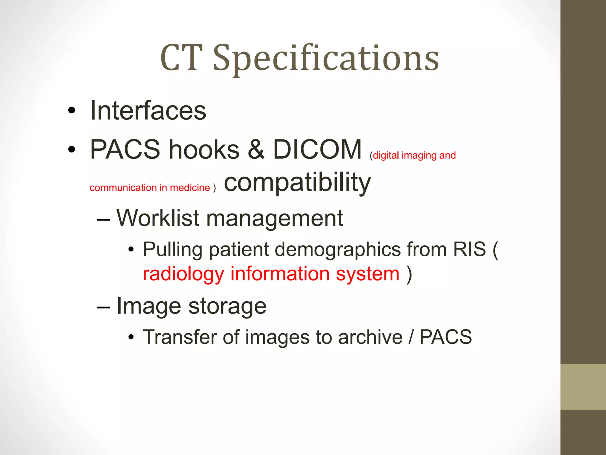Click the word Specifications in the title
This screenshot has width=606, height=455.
[x=326, y=59]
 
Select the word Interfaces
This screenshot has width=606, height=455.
[x=148, y=111]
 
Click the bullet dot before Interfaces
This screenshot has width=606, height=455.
[x=72, y=111]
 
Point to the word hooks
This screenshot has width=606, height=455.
[x=204, y=149]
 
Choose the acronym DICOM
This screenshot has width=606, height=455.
[x=317, y=149]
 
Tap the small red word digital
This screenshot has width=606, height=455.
[x=386, y=155]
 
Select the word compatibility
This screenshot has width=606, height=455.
[x=297, y=183]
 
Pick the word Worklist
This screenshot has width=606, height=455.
[x=158, y=218]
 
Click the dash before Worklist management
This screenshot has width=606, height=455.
[x=104, y=220]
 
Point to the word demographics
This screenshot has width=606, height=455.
[x=338, y=250]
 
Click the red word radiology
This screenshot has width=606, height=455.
[x=183, y=274]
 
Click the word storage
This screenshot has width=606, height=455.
[x=227, y=306]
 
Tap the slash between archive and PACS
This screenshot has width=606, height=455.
[x=411, y=337]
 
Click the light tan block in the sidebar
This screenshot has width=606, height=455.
[x=583, y=387]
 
